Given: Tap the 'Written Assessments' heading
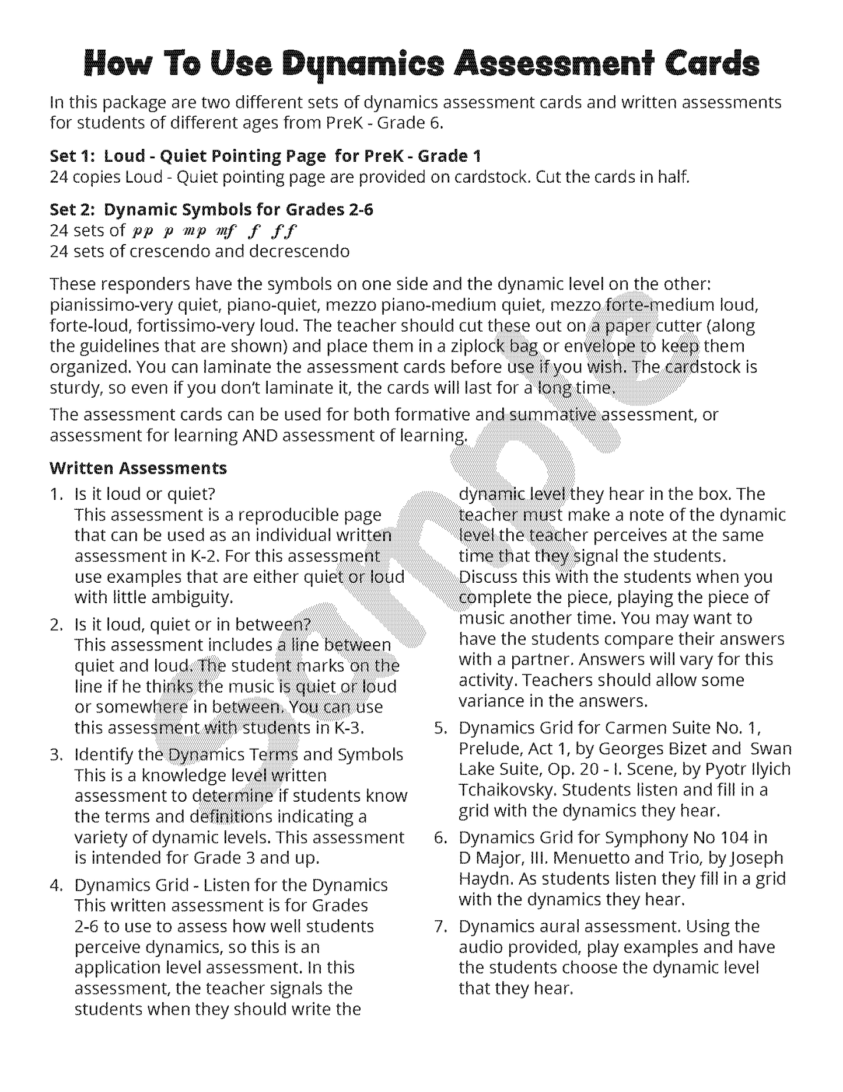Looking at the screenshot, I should [138, 468].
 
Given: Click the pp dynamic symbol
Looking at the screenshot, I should [142, 231].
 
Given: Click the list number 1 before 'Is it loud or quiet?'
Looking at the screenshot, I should [56, 494].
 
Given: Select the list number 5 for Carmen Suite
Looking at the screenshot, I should [440, 728].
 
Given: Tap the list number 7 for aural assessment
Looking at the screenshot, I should [440, 927].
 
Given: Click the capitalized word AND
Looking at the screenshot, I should [261, 436].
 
